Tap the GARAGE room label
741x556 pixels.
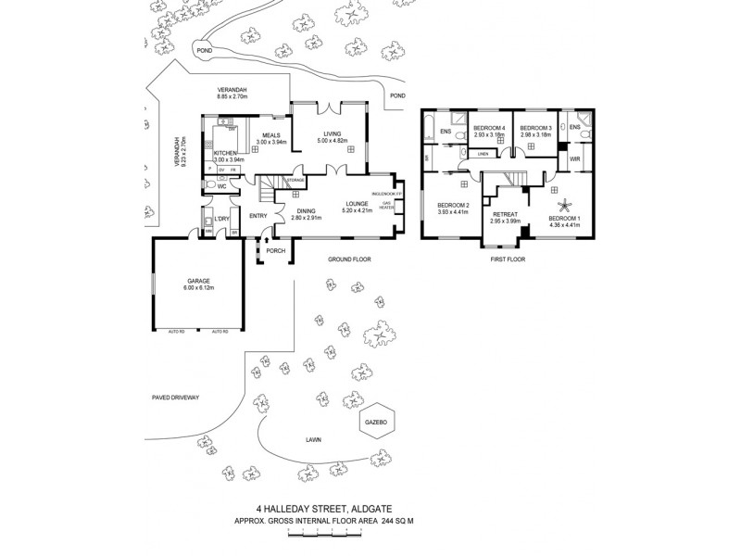point(198,280)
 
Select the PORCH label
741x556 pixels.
point(275,250)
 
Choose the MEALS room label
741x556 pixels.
point(271,134)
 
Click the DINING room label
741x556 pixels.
point(307,211)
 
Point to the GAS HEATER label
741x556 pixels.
point(387,206)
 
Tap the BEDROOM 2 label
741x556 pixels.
point(454,204)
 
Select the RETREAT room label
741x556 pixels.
point(505,212)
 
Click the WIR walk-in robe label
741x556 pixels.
point(574,159)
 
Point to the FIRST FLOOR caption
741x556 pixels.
point(508,260)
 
